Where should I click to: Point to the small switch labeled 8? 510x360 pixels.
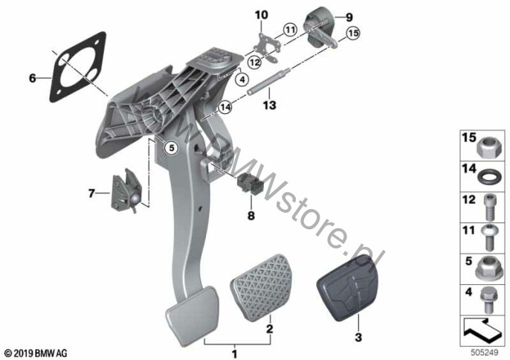(x=248, y=185)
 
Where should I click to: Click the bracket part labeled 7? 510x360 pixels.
(x=126, y=190)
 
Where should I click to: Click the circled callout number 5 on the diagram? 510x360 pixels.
(x=171, y=148)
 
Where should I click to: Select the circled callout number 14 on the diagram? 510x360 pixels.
(x=225, y=107)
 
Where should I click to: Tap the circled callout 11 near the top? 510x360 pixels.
(x=290, y=30)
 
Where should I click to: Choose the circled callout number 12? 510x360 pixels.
(x=255, y=62)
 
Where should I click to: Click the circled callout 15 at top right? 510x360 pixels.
(x=353, y=33)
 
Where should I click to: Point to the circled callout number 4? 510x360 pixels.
(x=242, y=79)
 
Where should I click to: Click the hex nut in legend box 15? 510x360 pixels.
(x=488, y=147)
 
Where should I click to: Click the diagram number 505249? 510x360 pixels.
(x=485, y=352)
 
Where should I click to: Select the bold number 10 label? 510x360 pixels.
(x=262, y=15)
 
